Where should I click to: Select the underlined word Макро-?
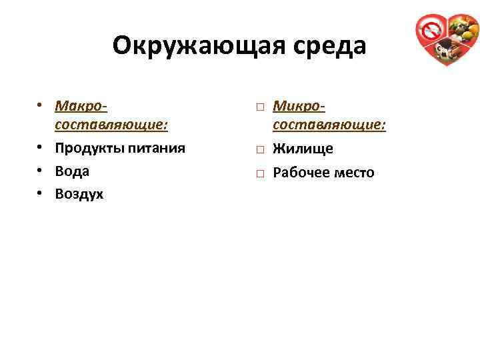(83, 106)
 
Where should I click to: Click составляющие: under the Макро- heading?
(111, 125)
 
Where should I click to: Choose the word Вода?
(72, 171)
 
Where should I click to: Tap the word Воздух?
(79, 194)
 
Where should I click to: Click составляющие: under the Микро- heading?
(329, 125)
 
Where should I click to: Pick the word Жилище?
(303, 149)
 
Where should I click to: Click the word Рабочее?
(304, 173)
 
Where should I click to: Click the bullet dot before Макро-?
(41, 107)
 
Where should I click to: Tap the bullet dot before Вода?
(41, 171)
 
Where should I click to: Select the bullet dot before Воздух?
(41, 195)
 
